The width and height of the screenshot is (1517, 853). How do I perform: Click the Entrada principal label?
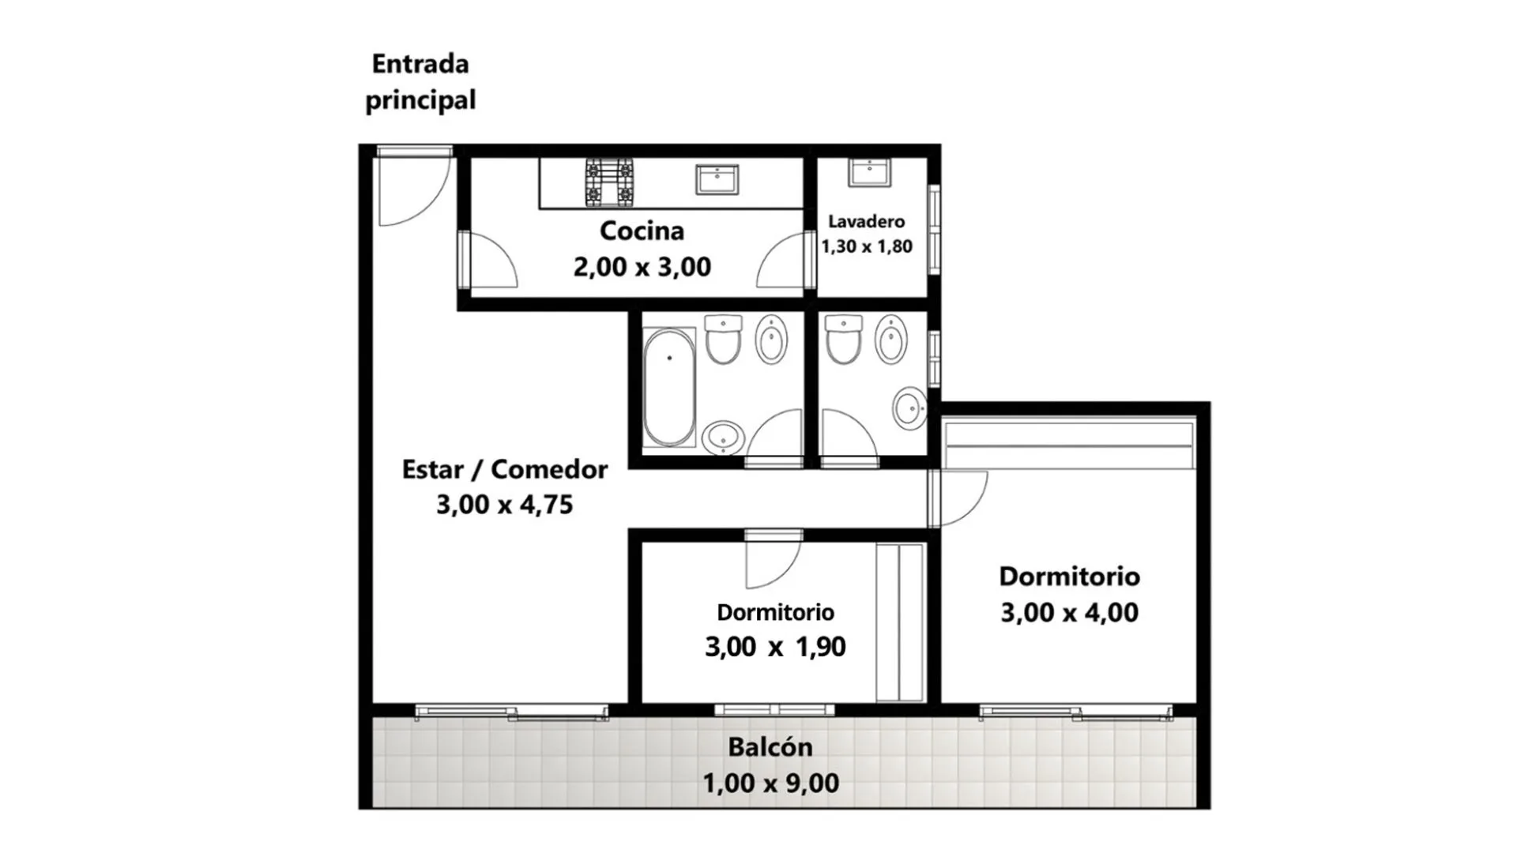pyautogui.click(x=420, y=82)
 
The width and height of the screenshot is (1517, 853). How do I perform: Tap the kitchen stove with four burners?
pyautogui.click(x=609, y=182)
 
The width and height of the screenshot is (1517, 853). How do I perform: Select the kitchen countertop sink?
pyautogui.click(x=717, y=179)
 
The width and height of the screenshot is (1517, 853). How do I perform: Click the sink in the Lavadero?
pyautogui.click(x=869, y=171)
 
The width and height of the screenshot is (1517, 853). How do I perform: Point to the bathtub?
pyautogui.click(x=669, y=388)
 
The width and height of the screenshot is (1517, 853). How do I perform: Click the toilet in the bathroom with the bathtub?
pyautogui.click(x=723, y=340)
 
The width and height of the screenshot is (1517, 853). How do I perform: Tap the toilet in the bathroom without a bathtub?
pyautogui.click(x=843, y=340)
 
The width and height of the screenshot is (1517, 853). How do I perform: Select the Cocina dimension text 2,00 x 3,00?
pyautogui.click(x=642, y=267)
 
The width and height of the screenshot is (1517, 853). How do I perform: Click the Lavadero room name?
pyautogui.click(x=867, y=221)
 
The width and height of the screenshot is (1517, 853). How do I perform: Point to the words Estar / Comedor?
pyautogui.click(x=505, y=469)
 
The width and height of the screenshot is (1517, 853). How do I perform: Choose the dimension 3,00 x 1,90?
pyautogui.click(x=775, y=647)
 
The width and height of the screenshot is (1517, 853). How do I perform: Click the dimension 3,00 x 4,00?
pyautogui.click(x=1069, y=612)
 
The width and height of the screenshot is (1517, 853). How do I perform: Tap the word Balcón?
pyautogui.click(x=770, y=746)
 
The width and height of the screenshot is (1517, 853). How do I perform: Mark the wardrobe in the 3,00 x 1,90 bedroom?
pyautogui.click(x=900, y=622)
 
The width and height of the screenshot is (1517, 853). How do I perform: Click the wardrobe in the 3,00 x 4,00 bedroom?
pyautogui.click(x=1068, y=445)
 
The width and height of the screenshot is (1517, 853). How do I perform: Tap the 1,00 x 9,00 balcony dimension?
pyautogui.click(x=770, y=783)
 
